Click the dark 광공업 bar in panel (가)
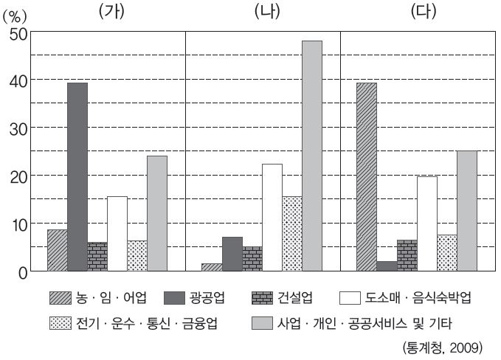coord(77,177)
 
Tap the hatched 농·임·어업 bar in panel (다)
coord(367,177)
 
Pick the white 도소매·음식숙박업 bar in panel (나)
coord(272,218)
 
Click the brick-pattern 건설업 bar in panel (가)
coord(97,257)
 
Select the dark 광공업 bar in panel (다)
coord(387,266)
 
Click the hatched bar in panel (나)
coord(212,268)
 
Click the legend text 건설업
coord(294,298)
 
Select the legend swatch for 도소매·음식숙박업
coord(350,298)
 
